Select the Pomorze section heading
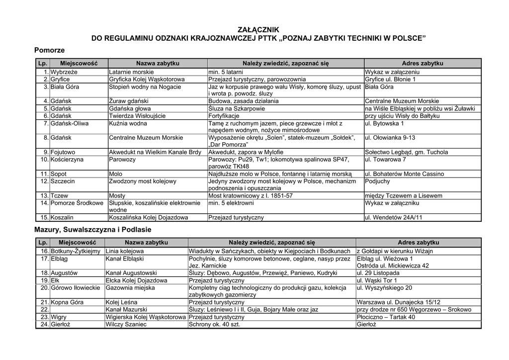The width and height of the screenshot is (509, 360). (50, 50)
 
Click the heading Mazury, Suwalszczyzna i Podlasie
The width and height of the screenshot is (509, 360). (92, 230)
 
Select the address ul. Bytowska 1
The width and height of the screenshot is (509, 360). (384, 123)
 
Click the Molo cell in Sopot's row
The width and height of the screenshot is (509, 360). (115, 174)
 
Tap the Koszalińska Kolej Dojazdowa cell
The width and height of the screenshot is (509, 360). (149, 218)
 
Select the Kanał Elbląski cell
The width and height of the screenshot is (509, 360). (124, 259)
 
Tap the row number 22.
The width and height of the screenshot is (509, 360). (44, 310)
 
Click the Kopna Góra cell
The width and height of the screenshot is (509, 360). (67, 302)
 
